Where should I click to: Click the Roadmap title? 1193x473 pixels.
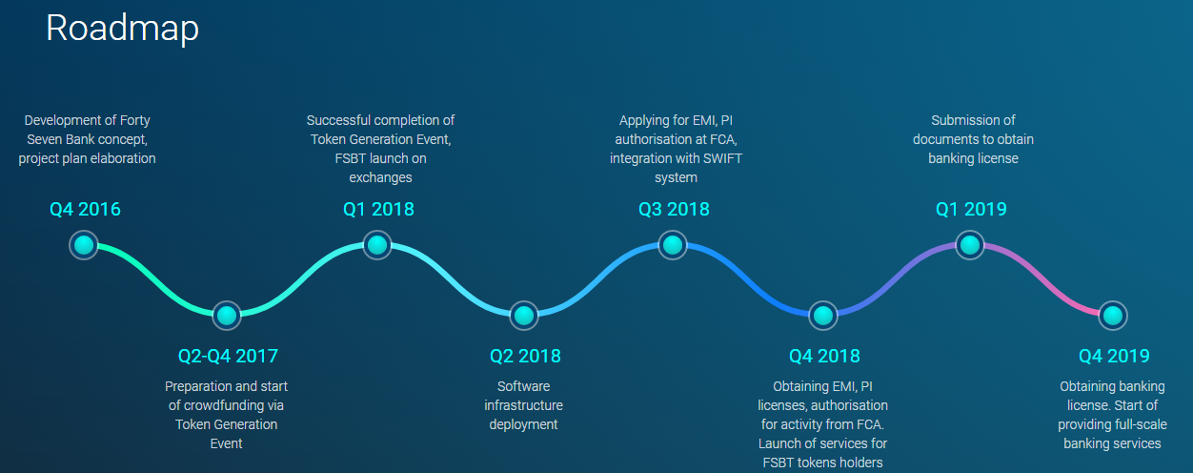pyautogui.click(x=123, y=28)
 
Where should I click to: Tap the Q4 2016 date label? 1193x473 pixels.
pyautogui.click(x=85, y=209)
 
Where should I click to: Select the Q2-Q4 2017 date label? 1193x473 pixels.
pyautogui.click(x=228, y=356)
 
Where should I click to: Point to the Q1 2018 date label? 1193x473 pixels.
pyautogui.click(x=378, y=209)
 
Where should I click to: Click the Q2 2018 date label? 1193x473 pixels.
pyautogui.click(x=525, y=356)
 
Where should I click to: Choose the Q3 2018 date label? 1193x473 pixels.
pyautogui.click(x=674, y=209)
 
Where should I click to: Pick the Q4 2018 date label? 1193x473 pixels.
pyautogui.click(x=824, y=356)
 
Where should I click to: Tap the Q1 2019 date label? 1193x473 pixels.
pyautogui.click(x=971, y=209)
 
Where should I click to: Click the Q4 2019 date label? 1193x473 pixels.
pyautogui.click(x=1114, y=356)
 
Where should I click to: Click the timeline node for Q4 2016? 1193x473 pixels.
pyautogui.click(x=84, y=245)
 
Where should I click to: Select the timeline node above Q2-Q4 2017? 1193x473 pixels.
pyautogui.click(x=227, y=316)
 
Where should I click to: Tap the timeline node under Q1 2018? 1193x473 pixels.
pyautogui.click(x=377, y=245)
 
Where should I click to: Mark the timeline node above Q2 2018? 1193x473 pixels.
pyautogui.click(x=524, y=316)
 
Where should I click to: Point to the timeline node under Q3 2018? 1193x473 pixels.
pyautogui.click(x=673, y=245)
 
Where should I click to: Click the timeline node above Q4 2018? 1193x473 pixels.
pyautogui.click(x=823, y=316)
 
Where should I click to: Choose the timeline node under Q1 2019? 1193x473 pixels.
pyautogui.click(x=970, y=245)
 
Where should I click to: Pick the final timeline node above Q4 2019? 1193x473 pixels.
pyautogui.click(x=1113, y=316)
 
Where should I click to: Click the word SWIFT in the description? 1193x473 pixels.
pyautogui.click(x=722, y=158)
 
